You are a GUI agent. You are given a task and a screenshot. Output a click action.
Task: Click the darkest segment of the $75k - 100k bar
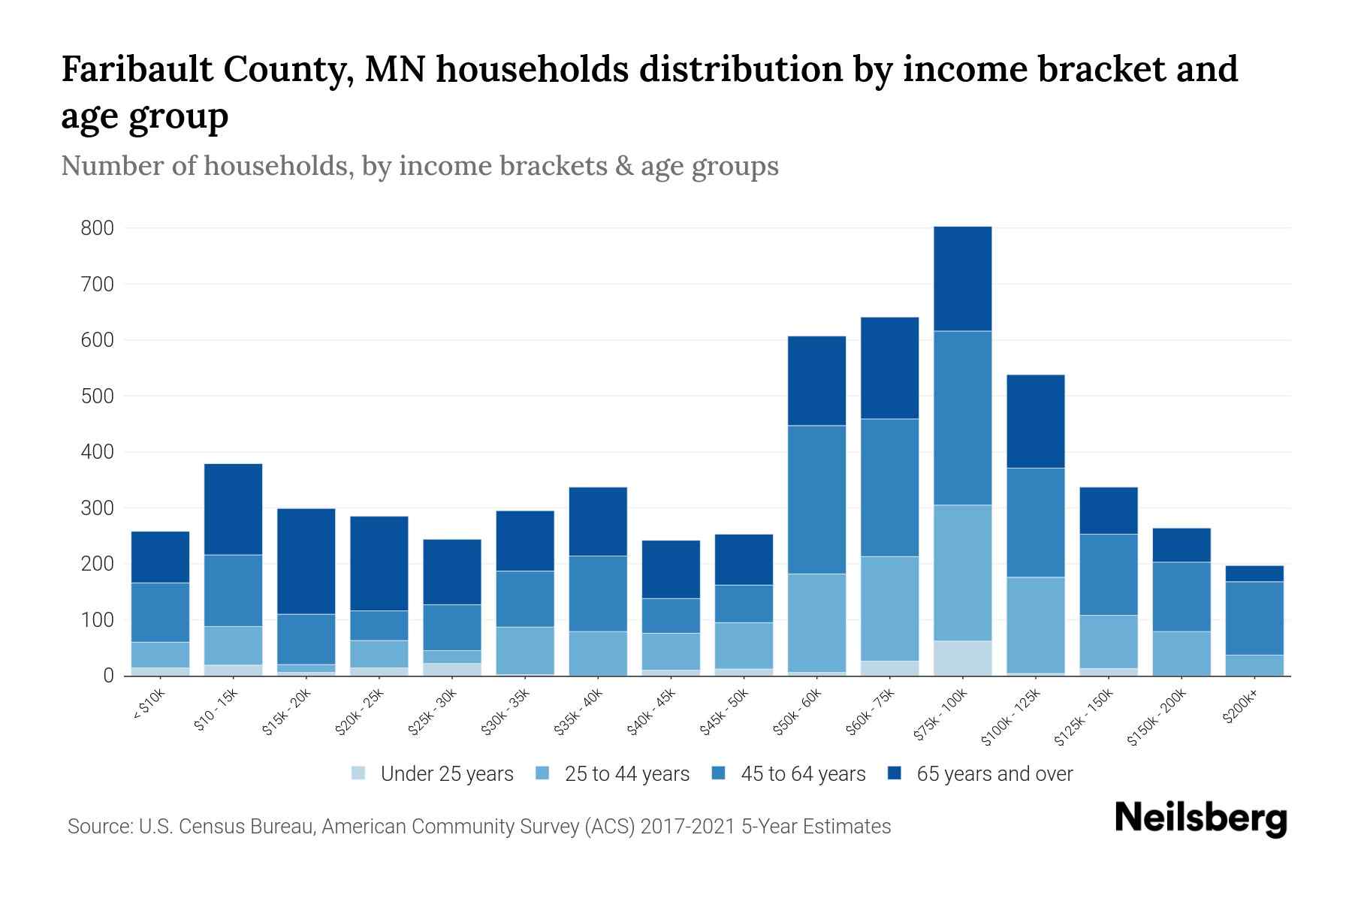962,279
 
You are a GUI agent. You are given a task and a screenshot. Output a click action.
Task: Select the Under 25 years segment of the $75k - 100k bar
962,658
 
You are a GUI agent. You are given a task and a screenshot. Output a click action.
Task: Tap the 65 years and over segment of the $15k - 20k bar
306,562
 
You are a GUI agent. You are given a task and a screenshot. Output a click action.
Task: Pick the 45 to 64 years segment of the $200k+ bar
1254,618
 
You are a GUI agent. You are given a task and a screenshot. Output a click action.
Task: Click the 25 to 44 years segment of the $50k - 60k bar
816,622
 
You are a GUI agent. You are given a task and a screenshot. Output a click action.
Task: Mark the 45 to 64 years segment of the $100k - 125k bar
1035,523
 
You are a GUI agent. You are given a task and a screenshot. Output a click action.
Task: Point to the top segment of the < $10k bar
160,557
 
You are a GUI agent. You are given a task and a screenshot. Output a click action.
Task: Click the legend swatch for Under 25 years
359,773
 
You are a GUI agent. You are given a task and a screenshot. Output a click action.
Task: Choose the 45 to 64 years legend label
802,774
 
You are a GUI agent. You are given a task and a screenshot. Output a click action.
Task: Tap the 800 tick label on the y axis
97,228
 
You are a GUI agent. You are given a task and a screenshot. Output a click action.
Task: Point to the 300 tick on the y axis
97,508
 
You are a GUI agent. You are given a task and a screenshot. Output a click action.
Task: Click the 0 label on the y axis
108,677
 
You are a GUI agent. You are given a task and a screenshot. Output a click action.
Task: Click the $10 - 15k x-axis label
216,710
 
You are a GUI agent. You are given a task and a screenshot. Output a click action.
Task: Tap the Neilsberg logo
1200,818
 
